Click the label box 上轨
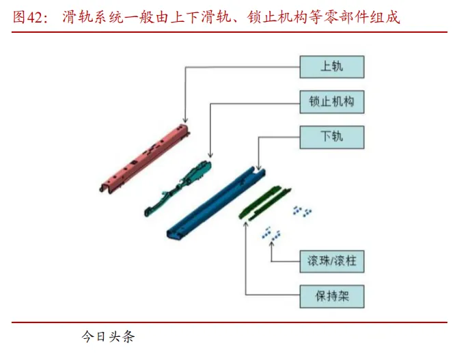tap(331, 67)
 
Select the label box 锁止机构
tap(331, 102)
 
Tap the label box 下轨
tap(331, 136)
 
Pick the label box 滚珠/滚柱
tap(331, 260)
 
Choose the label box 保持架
tap(331, 296)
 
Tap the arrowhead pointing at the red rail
tap(186, 120)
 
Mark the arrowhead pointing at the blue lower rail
tap(258, 167)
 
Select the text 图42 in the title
tap(27, 18)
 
